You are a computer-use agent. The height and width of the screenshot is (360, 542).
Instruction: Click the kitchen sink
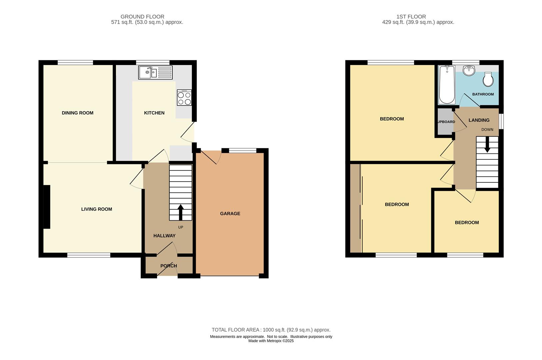[155, 72]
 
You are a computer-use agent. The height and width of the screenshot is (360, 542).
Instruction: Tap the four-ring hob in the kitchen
[184, 97]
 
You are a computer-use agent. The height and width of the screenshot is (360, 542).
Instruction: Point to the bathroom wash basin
[469, 70]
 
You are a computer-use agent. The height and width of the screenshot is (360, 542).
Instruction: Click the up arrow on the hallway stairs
[181, 212]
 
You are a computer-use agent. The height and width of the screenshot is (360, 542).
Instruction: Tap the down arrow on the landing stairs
[487, 145]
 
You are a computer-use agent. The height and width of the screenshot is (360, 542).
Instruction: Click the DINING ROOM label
[77, 113]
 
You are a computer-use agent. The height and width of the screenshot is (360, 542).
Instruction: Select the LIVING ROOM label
[97, 209]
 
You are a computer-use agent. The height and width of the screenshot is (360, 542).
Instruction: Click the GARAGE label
[230, 213]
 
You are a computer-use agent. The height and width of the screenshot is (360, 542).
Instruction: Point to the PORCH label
[169, 266]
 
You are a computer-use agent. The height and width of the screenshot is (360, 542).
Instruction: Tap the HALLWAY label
[164, 236]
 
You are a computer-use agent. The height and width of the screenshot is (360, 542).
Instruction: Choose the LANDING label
[479, 120]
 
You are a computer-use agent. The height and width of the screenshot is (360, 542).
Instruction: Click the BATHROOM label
[483, 94]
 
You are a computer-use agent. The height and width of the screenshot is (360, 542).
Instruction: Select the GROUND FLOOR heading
[142, 17]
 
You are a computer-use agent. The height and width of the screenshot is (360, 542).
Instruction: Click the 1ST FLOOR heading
[411, 17]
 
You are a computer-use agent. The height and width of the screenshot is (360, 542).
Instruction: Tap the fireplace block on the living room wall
[47, 207]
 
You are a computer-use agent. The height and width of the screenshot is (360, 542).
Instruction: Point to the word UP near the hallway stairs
[181, 227]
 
